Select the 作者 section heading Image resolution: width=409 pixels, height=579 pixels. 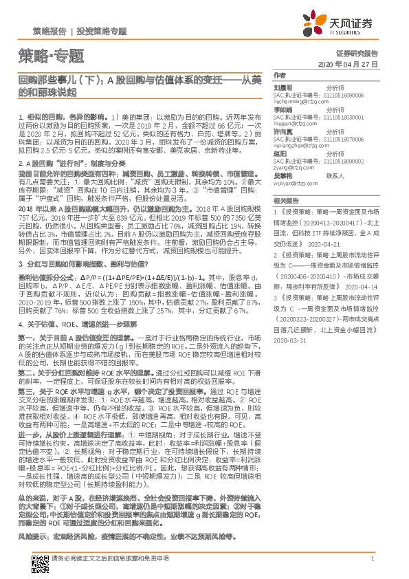279,75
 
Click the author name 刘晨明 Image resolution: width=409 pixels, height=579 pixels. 284,88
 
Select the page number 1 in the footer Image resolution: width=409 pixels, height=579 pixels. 372,559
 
